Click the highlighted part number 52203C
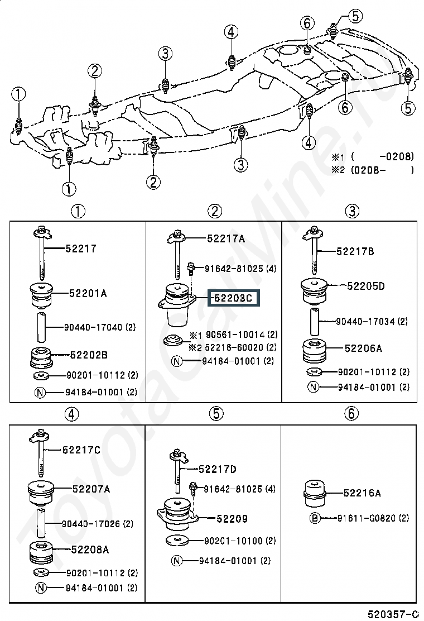click(x=233, y=298)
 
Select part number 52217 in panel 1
click(x=81, y=249)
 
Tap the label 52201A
click(x=88, y=294)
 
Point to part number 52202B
click(x=89, y=355)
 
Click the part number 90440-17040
click(x=94, y=327)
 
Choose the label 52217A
click(x=226, y=238)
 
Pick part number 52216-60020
click(x=235, y=347)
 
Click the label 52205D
click(x=366, y=286)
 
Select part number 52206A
click(x=363, y=348)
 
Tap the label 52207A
click(x=91, y=489)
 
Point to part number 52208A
click(x=90, y=550)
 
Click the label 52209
click(x=232, y=518)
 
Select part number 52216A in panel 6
click(x=362, y=493)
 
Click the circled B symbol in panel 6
click(x=315, y=518)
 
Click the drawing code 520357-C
click(x=393, y=614)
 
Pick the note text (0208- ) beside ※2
click(x=382, y=170)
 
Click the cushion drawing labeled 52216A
click(x=314, y=493)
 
